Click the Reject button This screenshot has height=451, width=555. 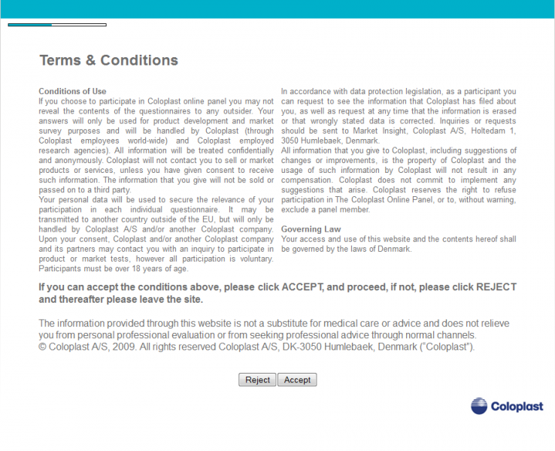(x=257, y=380)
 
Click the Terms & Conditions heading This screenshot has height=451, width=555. (x=108, y=61)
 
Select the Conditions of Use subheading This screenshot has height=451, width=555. (x=72, y=92)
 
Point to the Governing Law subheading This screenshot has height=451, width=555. (x=311, y=229)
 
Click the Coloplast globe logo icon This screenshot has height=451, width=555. (x=480, y=406)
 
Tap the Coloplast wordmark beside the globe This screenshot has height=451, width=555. (x=517, y=407)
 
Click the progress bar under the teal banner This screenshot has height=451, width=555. (x=57, y=25)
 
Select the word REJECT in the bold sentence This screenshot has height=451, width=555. (x=490, y=287)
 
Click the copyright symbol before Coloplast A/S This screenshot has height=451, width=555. (x=43, y=347)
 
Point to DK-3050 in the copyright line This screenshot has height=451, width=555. (x=334, y=347)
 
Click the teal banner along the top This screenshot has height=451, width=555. (x=277, y=9)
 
